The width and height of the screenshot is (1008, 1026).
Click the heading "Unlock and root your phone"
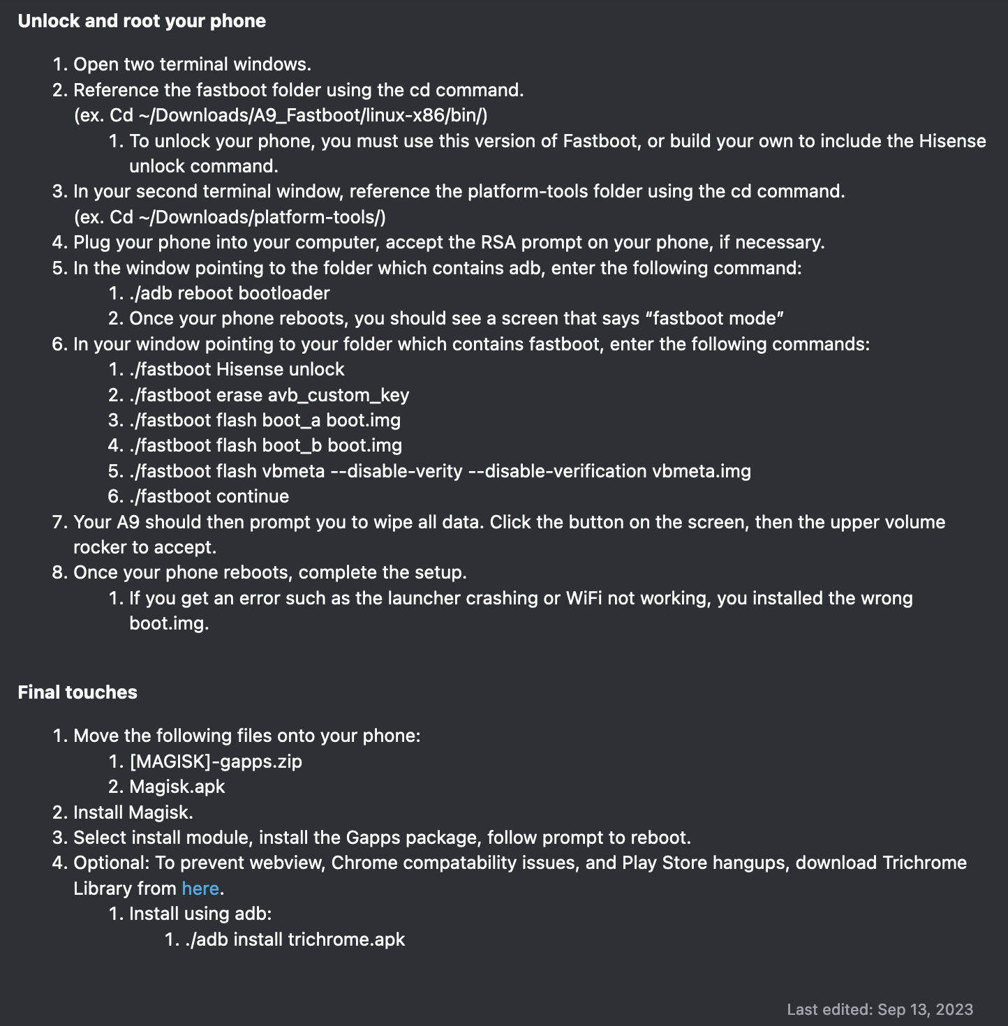[142, 21]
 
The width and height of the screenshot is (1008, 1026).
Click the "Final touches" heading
[77, 692]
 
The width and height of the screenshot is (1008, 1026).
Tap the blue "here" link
[200, 889]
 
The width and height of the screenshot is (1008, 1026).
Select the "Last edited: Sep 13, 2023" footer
[880, 1009]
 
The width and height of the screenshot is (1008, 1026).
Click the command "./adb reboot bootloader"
[229, 293]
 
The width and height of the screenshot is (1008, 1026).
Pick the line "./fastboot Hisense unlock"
[237, 369]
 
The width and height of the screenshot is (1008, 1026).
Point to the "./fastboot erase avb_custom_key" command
[269, 395]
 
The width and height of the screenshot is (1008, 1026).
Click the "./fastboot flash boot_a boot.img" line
[265, 420]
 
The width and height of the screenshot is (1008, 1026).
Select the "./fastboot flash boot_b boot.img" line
[265, 445]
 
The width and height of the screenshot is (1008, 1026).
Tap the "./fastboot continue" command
[209, 496]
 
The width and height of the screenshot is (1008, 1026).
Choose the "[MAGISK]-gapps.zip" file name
[216, 761]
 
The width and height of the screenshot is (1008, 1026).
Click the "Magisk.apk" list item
[177, 787]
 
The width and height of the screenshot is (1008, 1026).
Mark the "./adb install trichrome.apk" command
[295, 939]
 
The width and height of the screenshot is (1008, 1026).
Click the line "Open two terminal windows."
[192, 64]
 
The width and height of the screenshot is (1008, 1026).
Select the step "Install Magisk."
[133, 812]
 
